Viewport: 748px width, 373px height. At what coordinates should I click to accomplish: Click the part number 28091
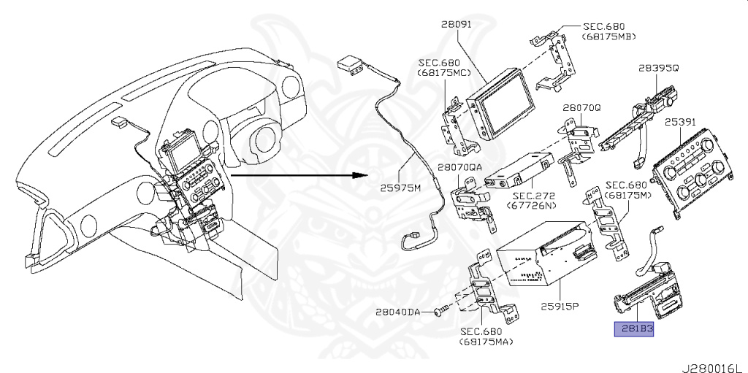tap(457, 24)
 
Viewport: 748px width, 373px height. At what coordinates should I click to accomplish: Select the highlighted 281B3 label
tap(633, 329)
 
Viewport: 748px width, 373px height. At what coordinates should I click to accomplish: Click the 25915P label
tap(559, 306)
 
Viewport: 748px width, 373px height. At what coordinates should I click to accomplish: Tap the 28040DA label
tap(397, 312)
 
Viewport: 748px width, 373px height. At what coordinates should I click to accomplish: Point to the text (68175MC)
tap(443, 74)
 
